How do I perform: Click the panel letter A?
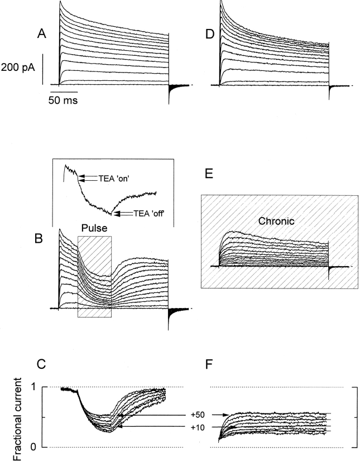coord(41,35)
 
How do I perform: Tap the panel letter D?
coord(210,35)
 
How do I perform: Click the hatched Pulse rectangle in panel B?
coord(94,276)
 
